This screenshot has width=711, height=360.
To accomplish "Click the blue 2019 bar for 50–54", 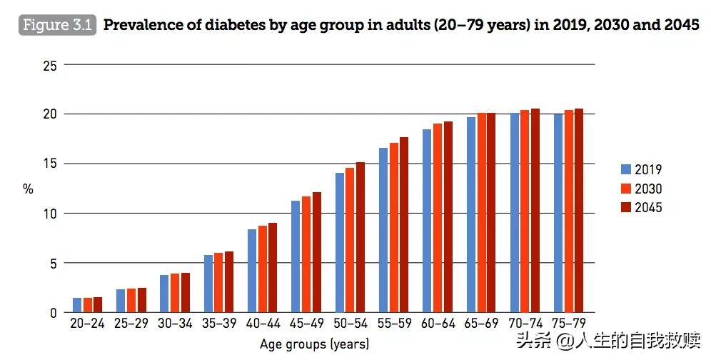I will click(x=340, y=243).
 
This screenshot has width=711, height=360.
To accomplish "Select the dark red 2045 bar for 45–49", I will click(x=317, y=252).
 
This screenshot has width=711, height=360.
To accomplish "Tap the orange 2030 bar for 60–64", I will click(x=438, y=218).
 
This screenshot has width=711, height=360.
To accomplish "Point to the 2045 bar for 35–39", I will click(x=229, y=282).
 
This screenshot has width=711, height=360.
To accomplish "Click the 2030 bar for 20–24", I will click(x=88, y=305).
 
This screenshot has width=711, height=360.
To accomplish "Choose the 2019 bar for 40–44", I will click(x=252, y=271).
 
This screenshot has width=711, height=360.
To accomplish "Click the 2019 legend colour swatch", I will click(x=625, y=170).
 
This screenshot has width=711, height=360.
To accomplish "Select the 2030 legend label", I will click(x=648, y=189).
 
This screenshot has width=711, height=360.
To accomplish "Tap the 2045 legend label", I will click(x=648, y=208).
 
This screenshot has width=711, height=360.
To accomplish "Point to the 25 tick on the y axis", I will click(x=49, y=65).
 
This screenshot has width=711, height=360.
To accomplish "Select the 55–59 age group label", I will click(x=394, y=324).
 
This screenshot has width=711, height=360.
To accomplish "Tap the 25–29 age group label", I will click(x=131, y=324).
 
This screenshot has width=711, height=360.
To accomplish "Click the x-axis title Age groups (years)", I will click(x=314, y=344).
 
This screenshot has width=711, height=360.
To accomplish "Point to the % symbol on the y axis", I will click(x=29, y=189).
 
